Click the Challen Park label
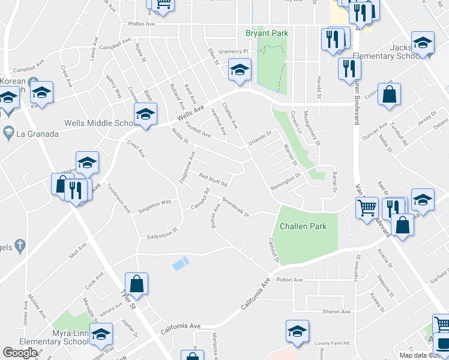[x=303, y=226]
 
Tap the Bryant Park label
[x=267, y=33]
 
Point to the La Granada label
[x=37, y=133]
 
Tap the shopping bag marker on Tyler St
[x=137, y=284]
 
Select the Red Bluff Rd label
[x=213, y=179]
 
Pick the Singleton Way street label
[x=155, y=206]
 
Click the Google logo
[x=19, y=352]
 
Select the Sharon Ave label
[x=336, y=311]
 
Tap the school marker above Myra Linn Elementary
[x=101, y=333]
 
